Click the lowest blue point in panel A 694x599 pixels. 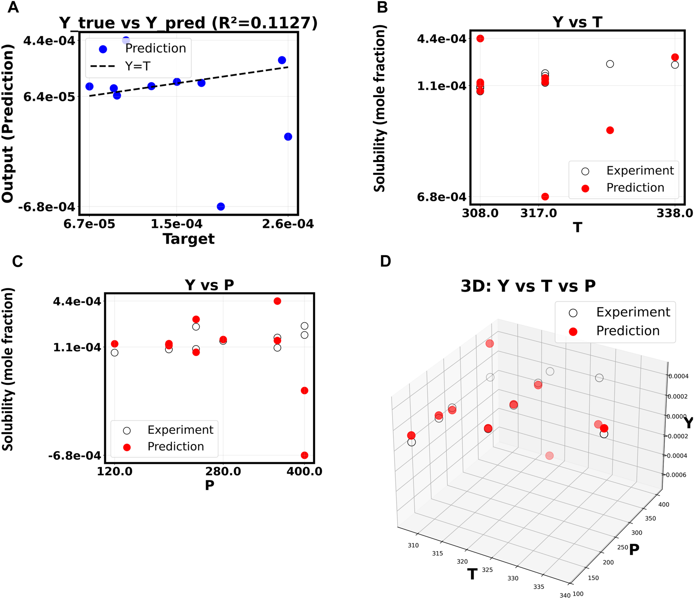coord(221,206)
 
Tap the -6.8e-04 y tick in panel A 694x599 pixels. coord(47,207)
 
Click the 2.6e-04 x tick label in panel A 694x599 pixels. coord(288,224)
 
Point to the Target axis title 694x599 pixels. coord(188,239)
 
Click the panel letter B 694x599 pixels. coord(382,7)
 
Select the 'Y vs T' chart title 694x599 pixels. coord(577,22)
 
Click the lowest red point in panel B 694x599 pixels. coord(545,197)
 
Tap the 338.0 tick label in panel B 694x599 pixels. coord(675,214)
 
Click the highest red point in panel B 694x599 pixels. coord(480,38)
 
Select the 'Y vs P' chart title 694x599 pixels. coord(210,285)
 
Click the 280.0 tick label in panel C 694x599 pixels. coord(223,471)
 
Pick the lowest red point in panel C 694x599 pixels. coord(304,455)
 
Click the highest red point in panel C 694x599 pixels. coord(277,301)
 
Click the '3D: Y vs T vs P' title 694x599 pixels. coord(528,286)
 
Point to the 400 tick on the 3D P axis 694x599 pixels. coord(663,505)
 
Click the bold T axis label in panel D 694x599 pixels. coord(472,574)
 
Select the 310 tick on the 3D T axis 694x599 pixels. coord(413,545)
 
